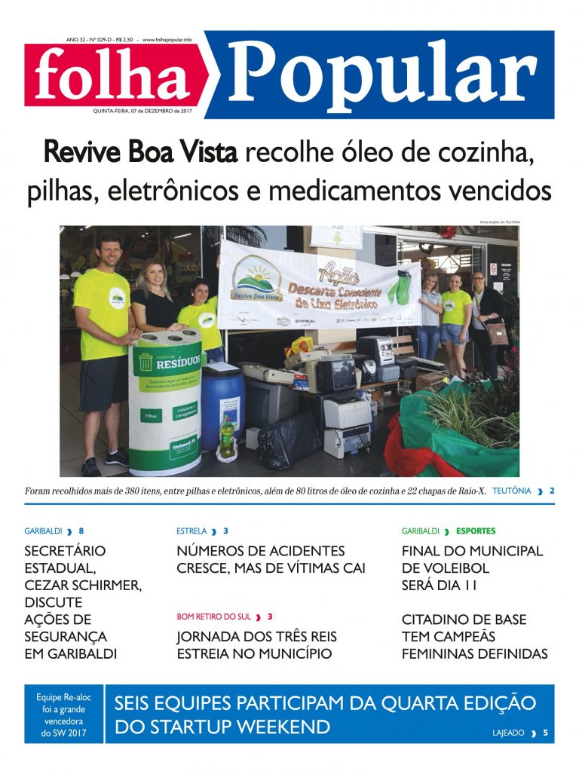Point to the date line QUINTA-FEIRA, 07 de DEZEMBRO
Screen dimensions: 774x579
coord(142,111)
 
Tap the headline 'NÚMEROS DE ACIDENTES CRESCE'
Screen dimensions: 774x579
coord(271,559)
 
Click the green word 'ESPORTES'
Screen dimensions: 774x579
coord(476,531)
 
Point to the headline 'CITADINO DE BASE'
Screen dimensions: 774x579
coord(464,620)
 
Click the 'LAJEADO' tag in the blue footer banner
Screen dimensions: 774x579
coord(509,733)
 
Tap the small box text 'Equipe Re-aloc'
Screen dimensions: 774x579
coord(63,697)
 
